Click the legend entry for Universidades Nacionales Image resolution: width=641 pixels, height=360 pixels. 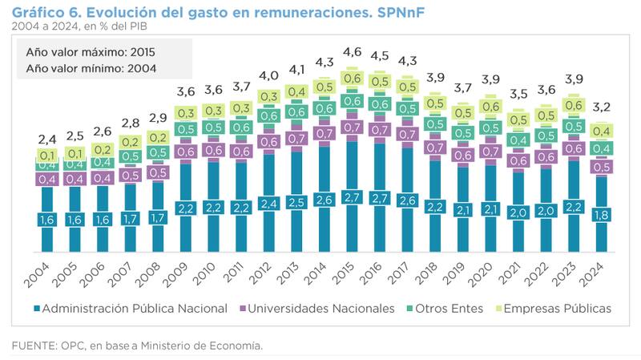click(x=319, y=308)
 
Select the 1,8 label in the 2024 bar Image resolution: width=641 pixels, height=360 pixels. click(x=601, y=215)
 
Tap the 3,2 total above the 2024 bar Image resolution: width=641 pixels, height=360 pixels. click(x=601, y=106)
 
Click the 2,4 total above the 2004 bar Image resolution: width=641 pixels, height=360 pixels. click(x=47, y=138)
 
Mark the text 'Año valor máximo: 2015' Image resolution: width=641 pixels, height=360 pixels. click(x=90, y=51)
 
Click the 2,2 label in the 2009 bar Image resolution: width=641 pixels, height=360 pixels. click(x=187, y=208)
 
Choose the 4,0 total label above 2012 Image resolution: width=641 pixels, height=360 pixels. click(x=269, y=76)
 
